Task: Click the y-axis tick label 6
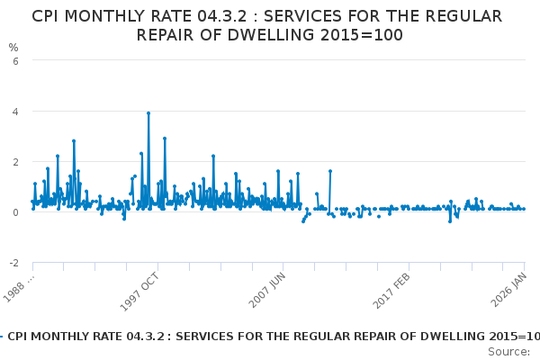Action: point(13,60)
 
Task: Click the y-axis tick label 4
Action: point(13,112)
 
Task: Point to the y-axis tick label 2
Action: point(13,162)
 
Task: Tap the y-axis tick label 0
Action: point(13,212)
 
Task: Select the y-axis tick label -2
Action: point(12,263)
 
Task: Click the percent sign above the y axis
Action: point(13,47)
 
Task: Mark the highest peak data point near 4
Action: point(148,113)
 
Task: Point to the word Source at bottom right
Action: point(508,351)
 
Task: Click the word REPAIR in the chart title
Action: point(169,35)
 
